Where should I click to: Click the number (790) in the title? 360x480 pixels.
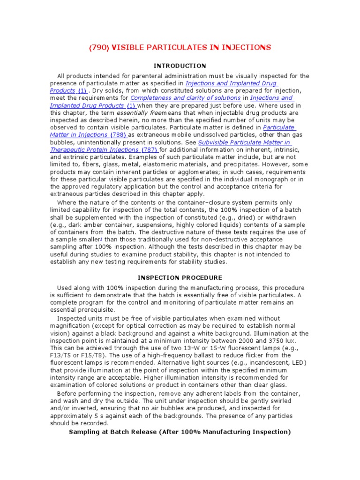tap(100, 47)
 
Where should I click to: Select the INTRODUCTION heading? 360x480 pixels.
tap(180, 66)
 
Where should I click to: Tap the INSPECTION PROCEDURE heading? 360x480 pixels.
tap(180, 277)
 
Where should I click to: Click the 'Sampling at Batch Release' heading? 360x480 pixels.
tap(180, 432)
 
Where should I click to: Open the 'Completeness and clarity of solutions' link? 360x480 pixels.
tap(185, 98)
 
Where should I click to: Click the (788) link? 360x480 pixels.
tap(118, 135)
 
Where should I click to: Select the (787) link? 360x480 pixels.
tap(150, 150)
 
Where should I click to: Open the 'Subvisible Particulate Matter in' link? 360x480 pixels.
tap(245, 142)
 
